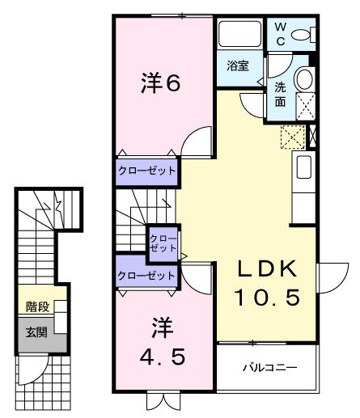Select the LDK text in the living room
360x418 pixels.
[x=266, y=269]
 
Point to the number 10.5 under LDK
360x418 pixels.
[x=267, y=298]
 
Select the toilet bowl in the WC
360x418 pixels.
[x=303, y=35]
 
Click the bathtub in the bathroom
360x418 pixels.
[x=239, y=34]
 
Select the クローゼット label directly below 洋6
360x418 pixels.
[x=146, y=172]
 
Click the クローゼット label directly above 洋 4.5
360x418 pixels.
[x=146, y=276]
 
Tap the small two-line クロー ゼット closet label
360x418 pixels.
[x=158, y=243]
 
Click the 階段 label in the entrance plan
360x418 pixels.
[x=36, y=306]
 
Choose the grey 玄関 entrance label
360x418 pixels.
[x=36, y=332]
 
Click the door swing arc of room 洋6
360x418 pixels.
[x=196, y=146]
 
